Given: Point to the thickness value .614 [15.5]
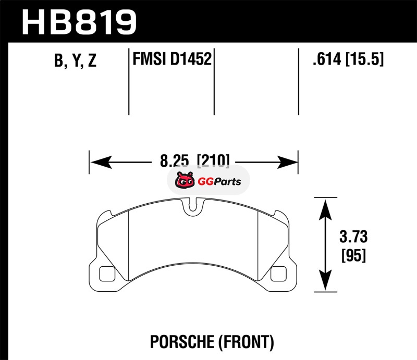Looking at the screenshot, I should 346,60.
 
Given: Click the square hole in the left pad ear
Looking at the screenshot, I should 107,273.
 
